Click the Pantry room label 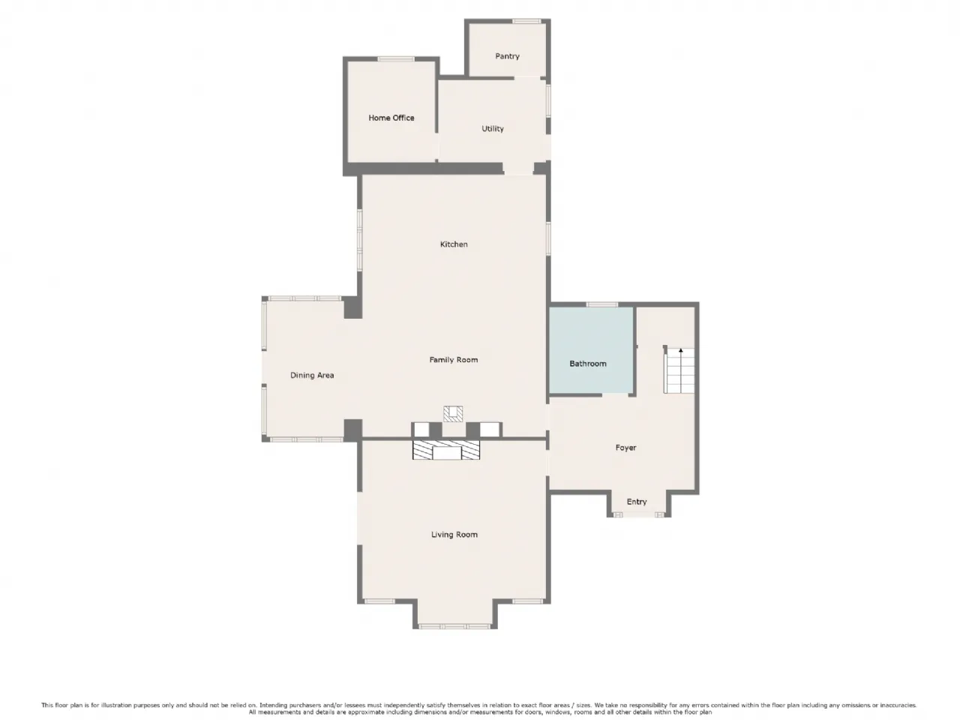click(507, 56)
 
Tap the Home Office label click(391, 118)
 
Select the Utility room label click(493, 128)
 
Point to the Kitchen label click(454, 244)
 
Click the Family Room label click(453, 359)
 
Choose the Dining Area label click(312, 375)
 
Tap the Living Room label click(454, 534)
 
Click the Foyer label click(625, 447)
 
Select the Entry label click(636, 502)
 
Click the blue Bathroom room click(591, 349)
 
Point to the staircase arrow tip click(680, 349)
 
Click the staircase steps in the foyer click(679, 370)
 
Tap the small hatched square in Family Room click(453, 414)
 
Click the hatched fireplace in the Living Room click(446, 450)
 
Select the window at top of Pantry click(526, 21)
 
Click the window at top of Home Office click(396, 59)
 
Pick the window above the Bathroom click(601, 304)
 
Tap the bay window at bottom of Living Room click(454, 626)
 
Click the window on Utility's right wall click(548, 101)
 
